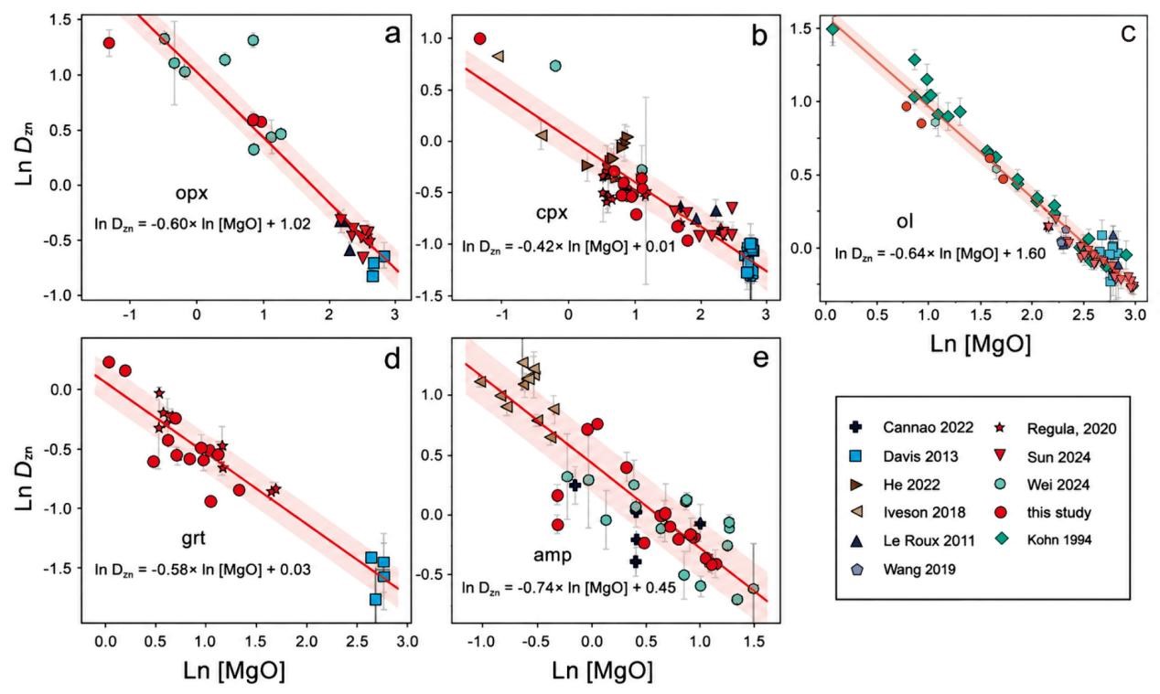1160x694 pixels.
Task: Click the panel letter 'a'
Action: click(392, 36)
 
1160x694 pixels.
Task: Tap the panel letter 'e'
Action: click(760, 358)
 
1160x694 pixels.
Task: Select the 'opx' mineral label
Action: click(191, 194)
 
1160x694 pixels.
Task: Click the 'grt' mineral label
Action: click(194, 539)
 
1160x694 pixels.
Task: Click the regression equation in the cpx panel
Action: click(569, 246)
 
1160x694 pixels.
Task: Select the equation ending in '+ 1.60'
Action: click(940, 253)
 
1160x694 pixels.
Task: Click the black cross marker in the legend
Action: click(856, 428)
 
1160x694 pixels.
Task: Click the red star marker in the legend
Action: click(1001, 428)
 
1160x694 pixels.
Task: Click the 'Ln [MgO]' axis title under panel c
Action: click(981, 344)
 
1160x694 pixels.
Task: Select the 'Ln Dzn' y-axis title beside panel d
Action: click(25, 478)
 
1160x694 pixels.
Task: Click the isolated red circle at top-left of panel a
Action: click(109, 43)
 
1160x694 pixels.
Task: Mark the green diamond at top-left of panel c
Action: click(832, 29)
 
